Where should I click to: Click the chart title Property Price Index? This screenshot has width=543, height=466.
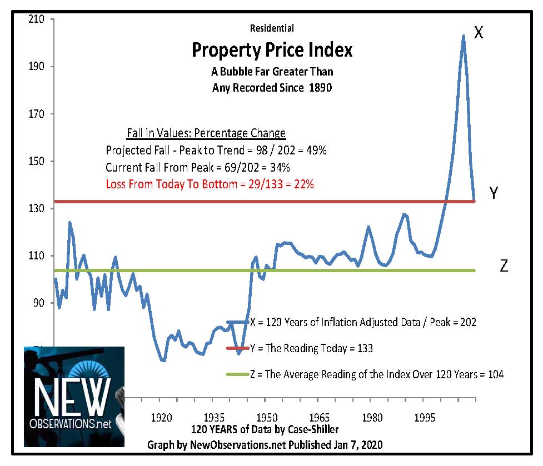(x=272, y=51)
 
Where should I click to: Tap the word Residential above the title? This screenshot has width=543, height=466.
(x=272, y=28)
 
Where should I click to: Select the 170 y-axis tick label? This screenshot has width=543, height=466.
(x=41, y=114)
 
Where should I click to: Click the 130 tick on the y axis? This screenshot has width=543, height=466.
(x=41, y=208)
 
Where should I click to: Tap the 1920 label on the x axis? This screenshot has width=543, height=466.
(x=161, y=417)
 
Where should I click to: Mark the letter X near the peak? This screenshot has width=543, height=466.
(x=479, y=33)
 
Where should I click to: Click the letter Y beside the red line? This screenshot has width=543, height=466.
(x=493, y=193)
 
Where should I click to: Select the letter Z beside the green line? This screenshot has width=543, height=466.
(x=504, y=266)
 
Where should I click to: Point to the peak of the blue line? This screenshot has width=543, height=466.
(x=463, y=37)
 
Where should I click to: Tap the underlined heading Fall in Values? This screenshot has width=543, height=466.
(x=203, y=133)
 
